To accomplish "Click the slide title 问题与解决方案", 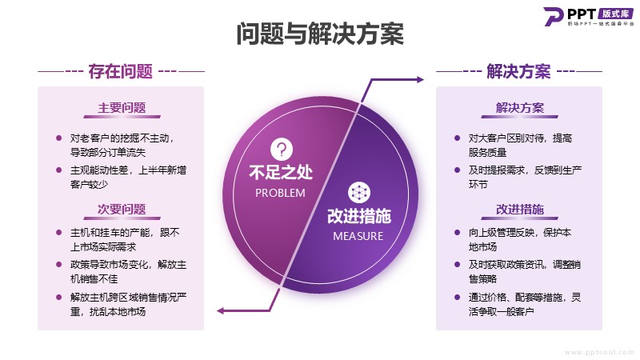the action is [320, 34].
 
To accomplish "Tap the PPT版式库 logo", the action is [589, 17].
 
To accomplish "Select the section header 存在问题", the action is [121, 71].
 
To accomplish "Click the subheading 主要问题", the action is [122, 108].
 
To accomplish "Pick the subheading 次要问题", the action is [122, 210].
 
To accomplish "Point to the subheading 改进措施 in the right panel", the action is [519, 210].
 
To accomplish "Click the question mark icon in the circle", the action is [282, 150].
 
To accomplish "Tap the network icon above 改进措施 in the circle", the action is [359, 193].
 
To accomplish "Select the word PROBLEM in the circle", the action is [280, 193].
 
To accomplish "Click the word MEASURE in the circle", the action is [358, 236].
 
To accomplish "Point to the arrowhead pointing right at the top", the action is [420, 79].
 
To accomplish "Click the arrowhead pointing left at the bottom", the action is [221, 311].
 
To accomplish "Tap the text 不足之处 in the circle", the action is [281, 172].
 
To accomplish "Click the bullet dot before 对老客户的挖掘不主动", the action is [58, 138].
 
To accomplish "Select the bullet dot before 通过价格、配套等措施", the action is [457, 297].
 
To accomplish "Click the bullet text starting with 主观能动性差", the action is [128, 177].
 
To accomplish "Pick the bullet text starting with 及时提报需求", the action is [525, 177].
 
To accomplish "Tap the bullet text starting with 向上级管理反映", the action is [519, 239].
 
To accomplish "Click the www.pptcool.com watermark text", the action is [598, 352].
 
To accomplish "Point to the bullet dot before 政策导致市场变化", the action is [58, 265].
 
